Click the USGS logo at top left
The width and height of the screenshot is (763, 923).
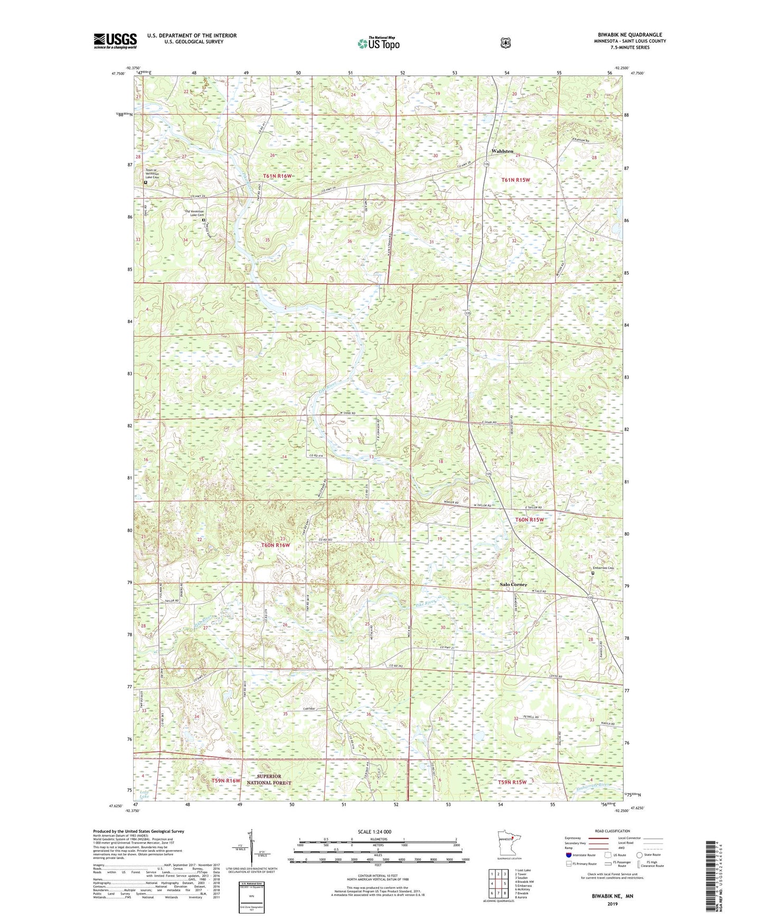pos(115,41)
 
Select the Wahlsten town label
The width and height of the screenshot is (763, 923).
pos(502,151)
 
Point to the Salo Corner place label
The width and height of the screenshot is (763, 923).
pos(513,585)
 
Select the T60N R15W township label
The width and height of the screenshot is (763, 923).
pos(529,520)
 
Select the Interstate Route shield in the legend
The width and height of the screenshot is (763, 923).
pos(568,854)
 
